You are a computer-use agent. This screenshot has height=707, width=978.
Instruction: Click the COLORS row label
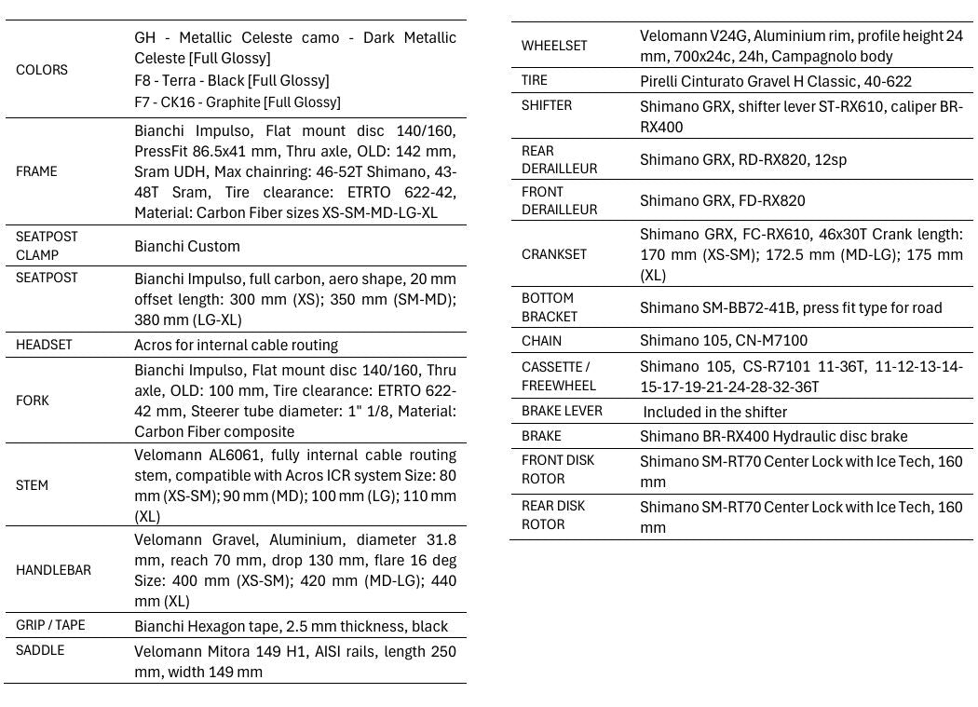[42, 70]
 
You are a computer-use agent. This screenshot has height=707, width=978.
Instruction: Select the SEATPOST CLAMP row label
[47, 246]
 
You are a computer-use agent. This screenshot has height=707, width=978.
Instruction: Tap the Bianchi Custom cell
[187, 246]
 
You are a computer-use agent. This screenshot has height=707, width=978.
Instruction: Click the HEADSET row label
[44, 345]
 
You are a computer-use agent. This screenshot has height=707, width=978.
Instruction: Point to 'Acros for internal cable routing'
[236, 345]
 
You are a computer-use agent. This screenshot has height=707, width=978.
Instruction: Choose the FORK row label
[33, 401]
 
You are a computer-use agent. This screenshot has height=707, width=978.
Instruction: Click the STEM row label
[32, 485]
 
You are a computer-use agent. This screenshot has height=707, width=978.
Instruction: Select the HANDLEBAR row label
[53, 570]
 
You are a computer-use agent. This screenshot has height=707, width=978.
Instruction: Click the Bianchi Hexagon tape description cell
[291, 626]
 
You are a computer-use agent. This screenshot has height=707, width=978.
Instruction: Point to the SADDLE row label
[40, 650]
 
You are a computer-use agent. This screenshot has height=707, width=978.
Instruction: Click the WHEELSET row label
[554, 46]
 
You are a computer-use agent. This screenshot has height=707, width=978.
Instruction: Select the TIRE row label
[535, 81]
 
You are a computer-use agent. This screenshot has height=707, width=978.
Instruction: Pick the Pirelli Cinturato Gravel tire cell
[775, 81]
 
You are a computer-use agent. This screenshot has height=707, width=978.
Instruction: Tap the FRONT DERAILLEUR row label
[559, 200]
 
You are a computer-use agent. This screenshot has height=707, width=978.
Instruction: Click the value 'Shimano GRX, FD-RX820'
[722, 200]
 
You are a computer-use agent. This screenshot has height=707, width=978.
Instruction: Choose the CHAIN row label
[541, 341]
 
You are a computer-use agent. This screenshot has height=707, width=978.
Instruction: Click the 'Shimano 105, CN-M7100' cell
[724, 341]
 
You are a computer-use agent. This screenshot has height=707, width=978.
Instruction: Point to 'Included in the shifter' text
[714, 412]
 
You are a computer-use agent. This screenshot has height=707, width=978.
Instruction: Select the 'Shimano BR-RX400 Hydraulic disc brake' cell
[773, 436]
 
